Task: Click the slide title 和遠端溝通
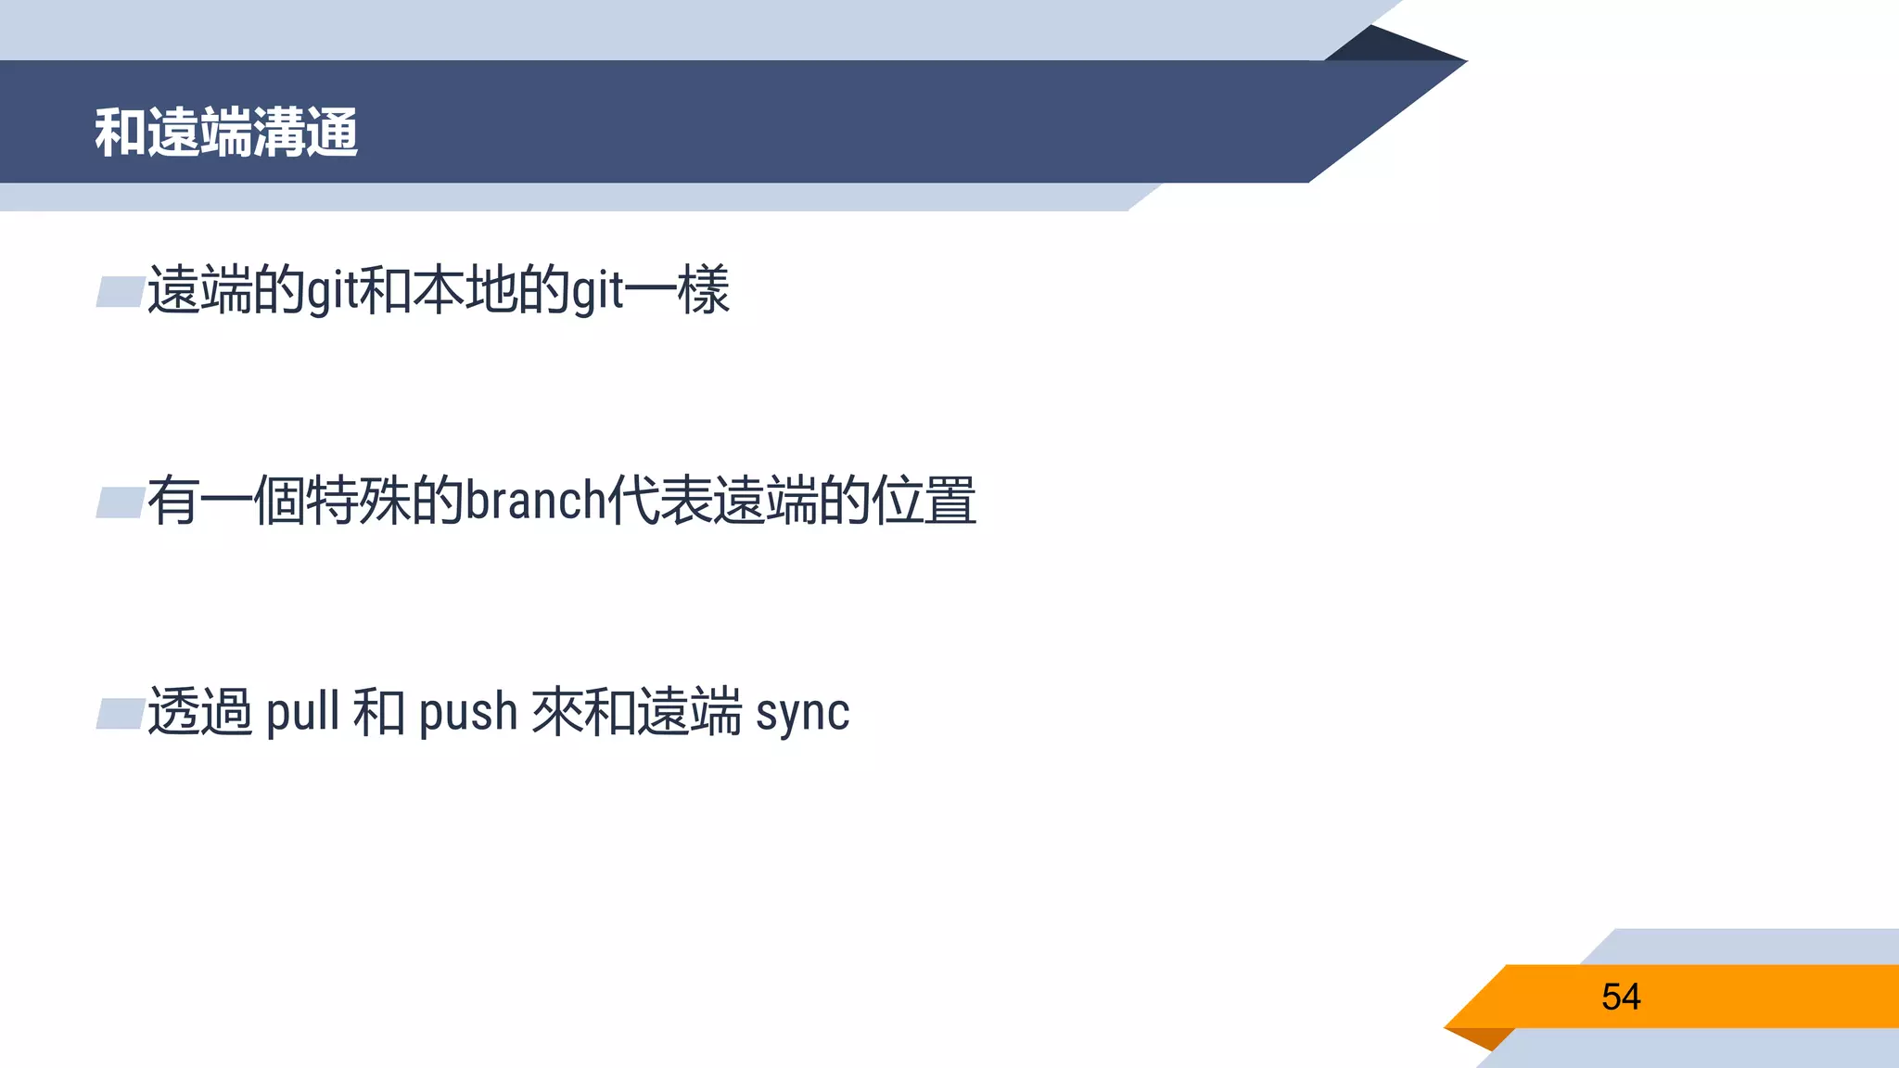tap(226, 133)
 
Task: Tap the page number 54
tap(1620, 998)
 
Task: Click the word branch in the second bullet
tap(535, 502)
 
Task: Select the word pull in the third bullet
tap(302, 713)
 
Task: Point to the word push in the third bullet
tap(467, 713)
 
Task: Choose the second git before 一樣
tap(596, 291)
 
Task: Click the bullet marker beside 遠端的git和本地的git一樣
tap(120, 292)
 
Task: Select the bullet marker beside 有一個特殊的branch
tap(120, 502)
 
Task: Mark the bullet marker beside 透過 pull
tap(120, 714)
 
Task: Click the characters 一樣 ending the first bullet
tap(678, 290)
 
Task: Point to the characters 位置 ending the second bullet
tap(924, 501)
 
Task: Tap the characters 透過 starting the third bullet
tap(200, 712)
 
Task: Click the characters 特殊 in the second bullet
tap(358, 501)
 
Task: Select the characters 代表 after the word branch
tap(659, 501)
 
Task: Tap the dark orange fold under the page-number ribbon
tap(1484, 1037)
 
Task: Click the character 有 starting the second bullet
tap(172, 501)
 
